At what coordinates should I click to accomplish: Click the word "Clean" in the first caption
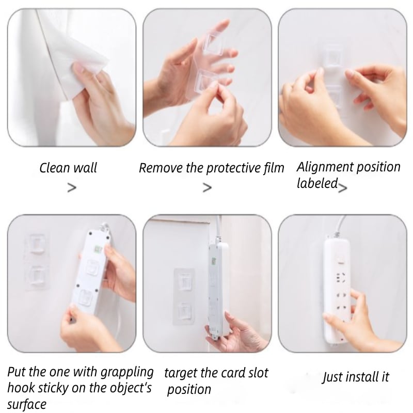(x=55, y=168)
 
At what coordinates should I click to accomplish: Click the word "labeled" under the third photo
(x=317, y=183)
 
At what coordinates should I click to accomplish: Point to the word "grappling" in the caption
(x=127, y=372)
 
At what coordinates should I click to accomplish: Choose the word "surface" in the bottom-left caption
(x=27, y=404)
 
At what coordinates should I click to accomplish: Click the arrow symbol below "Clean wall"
(x=72, y=188)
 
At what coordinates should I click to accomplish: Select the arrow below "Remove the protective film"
(x=208, y=188)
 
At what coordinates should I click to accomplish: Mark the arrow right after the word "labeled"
(x=343, y=187)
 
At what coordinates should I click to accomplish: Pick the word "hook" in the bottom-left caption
(x=19, y=388)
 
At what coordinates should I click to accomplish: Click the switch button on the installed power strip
(x=341, y=259)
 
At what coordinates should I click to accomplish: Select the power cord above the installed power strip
(x=341, y=225)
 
